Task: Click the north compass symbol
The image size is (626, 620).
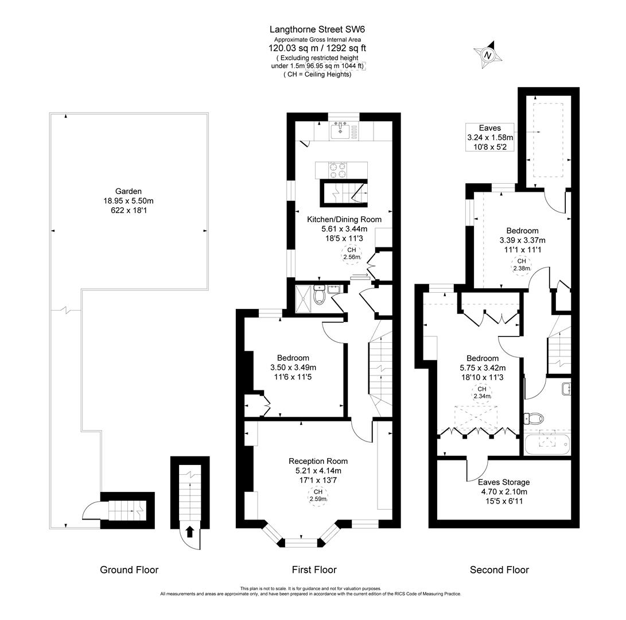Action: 488,55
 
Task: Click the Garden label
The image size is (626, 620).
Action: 128,191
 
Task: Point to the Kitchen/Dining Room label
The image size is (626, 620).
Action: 344,219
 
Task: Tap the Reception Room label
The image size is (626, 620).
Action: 318,461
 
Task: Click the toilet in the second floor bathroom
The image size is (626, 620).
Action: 534,417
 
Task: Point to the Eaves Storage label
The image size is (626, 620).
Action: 503,482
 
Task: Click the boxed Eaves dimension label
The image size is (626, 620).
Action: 489,137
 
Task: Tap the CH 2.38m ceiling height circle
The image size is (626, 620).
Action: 522,265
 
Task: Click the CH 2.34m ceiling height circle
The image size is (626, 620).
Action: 481,392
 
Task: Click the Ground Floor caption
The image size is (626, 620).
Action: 129,569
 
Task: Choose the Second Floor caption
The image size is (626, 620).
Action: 499,569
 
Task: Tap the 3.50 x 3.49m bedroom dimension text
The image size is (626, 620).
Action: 293,367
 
